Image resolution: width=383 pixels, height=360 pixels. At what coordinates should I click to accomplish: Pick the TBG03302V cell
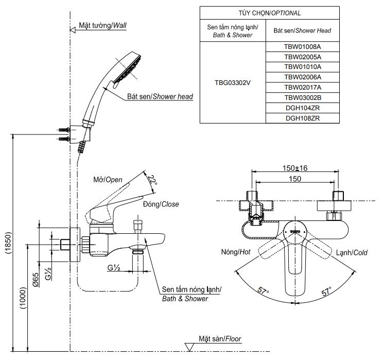tap(232, 82)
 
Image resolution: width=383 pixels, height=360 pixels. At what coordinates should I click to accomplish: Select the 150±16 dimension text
tap(294, 168)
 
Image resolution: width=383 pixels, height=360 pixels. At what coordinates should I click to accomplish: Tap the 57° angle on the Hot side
tap(264, 292)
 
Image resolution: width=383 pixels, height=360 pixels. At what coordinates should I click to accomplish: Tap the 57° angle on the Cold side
tap(325, 292)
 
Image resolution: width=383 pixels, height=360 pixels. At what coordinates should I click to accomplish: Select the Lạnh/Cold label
tap(352, 252)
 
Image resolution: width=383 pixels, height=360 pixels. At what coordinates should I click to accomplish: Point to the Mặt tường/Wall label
tap(102, 25)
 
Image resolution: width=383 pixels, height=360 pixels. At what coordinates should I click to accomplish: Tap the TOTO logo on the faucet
tap(295, 232)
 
